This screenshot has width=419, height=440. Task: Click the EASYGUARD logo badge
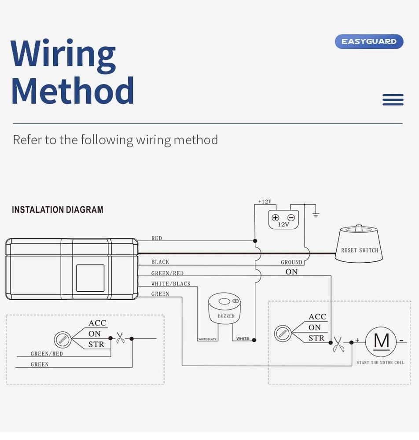pos(369,41)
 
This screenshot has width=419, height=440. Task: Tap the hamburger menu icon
pos(393,100)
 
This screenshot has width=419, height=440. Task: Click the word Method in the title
pos(72,91)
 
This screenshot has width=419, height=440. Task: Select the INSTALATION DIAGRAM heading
pos(58,210)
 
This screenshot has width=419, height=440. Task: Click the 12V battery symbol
pos(283,220)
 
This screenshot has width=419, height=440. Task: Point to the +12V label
pos(265,202)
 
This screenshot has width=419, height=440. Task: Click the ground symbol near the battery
pos(315,215)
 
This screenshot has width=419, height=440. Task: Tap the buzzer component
pos(226,308)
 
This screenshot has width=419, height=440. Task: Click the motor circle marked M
pos(381,341)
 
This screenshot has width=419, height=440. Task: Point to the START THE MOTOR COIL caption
pos(380,363)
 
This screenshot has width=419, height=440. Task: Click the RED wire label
pos(157,238)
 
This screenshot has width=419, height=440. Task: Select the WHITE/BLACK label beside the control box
pos(171,284)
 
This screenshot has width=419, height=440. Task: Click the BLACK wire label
pos(160,262)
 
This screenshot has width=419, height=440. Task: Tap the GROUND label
pos(291,262)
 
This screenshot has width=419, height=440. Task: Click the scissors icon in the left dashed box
pos(120,338)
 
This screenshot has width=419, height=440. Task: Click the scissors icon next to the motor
pos(338,344)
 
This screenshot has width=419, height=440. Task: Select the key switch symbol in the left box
pos(62,340)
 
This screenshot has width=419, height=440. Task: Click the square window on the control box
pos(90,278)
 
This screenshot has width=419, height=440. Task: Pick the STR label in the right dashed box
pos(316,338)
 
